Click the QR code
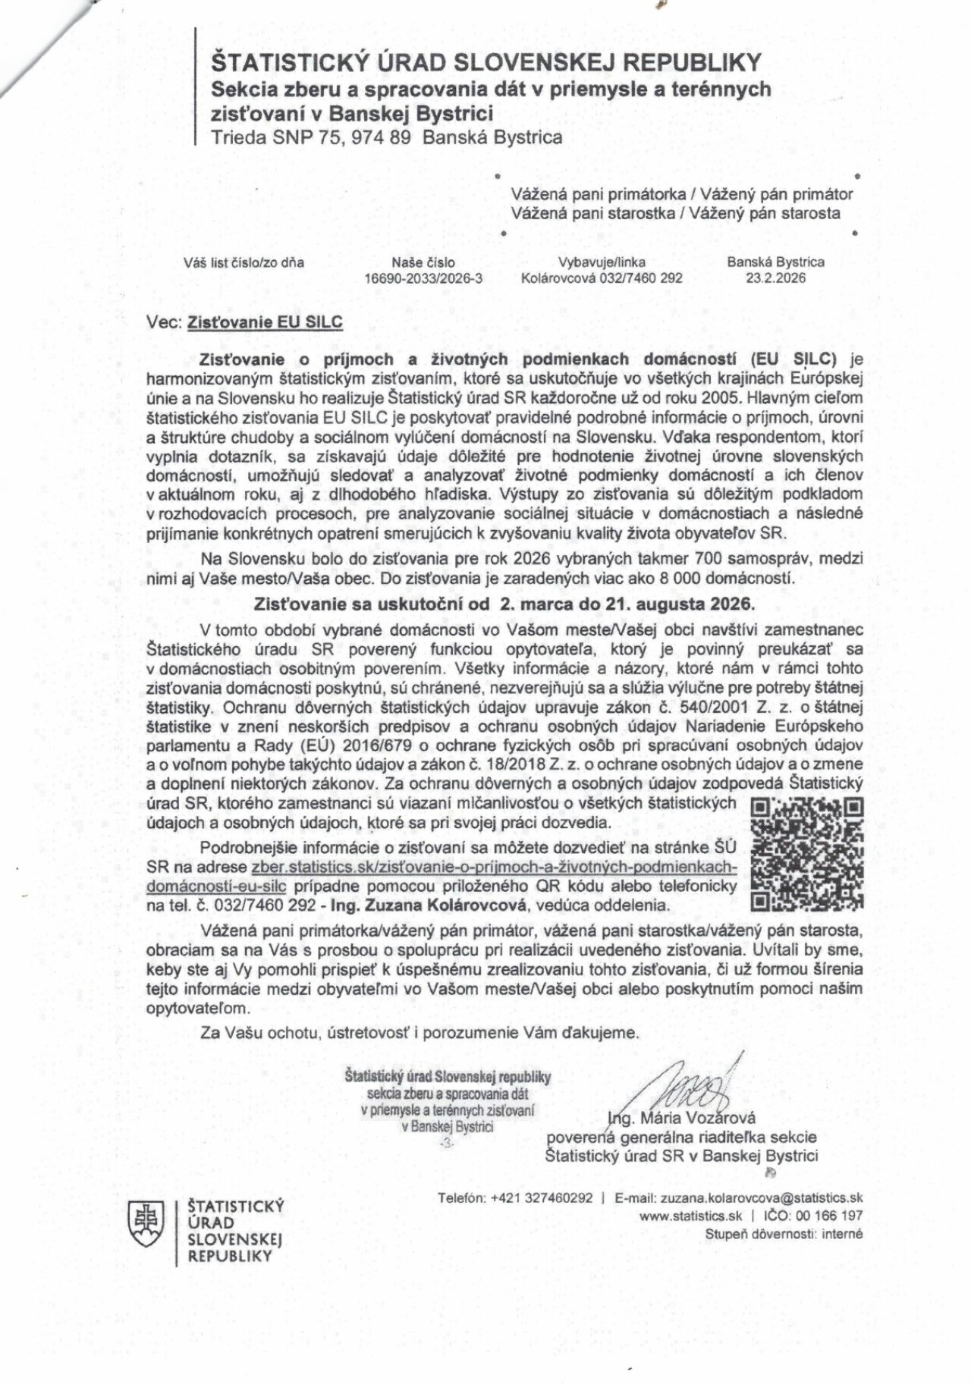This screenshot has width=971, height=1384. (x=806, y=853)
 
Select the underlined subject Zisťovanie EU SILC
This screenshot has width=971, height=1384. (x=265, y=322)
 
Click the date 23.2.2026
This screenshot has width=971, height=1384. (x=775, y=278)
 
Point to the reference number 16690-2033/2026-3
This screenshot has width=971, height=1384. (x=423, y=278)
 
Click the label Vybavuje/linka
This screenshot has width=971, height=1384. (x=602, y=262)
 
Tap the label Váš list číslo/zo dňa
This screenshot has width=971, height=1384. (x=244, y=263)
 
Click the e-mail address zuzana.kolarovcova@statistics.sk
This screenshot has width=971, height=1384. (x=761, y=1198)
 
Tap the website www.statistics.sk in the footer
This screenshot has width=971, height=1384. (x=690, y=1216)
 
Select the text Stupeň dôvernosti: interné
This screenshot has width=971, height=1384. (x=784, y=1234)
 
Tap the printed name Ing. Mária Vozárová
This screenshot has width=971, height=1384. (x=681, y=1118)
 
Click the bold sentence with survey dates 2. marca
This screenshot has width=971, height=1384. (x=504, y=604)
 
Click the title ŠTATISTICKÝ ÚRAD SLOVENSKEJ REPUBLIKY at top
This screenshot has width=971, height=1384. (x=486, y=62)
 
